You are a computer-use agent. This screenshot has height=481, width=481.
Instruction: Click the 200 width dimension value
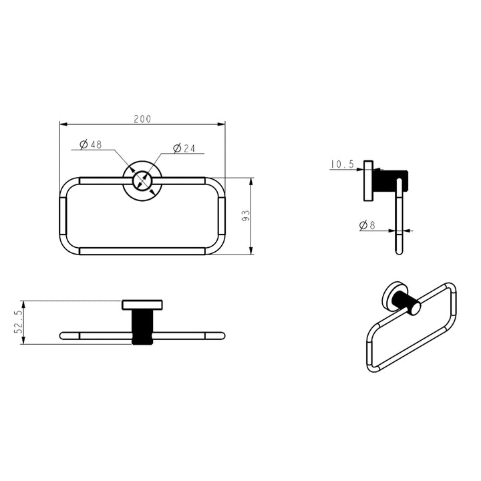click(x=142, y=119)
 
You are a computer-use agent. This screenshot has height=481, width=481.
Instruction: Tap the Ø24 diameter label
click(x=183, y=148)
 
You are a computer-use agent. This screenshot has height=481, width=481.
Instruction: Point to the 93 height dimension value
click(x=245, y=216)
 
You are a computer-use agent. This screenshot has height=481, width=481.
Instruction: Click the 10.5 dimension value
click(x=341, y=164)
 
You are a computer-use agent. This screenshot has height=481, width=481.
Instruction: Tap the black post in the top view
click(x=142, y=327)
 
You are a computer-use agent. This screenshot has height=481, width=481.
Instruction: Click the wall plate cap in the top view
click(x=142, y=305)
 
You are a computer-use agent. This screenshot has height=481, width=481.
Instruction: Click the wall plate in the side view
click(x=367, y=180)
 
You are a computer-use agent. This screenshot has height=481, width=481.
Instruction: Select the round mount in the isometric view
click(x=392, y=298)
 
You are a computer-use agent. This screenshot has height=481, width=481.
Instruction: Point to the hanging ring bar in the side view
click(x=399, y=220)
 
